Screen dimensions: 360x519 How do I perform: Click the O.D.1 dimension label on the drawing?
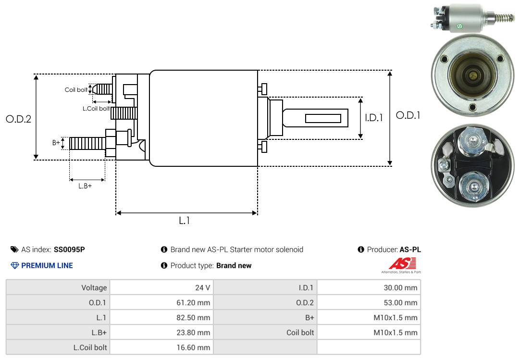(x=408, y=115)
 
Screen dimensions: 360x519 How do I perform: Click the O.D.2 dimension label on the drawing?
(x=18, y=119)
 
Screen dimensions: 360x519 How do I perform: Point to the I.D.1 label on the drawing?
(x=373, y=117)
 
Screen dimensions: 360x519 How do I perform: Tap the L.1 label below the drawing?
(x=185, y=221)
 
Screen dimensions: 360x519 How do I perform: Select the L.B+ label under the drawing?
(x=85, y=186)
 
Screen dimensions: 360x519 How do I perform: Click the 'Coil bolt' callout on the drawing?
(x=76, y=90)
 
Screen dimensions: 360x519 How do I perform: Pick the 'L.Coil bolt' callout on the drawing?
(x=96, y=109)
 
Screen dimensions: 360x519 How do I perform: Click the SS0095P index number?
(x=69, y=249)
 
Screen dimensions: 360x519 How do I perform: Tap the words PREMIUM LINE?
(x=47, y=265)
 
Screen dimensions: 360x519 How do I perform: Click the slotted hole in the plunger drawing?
(x=323, y=118)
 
